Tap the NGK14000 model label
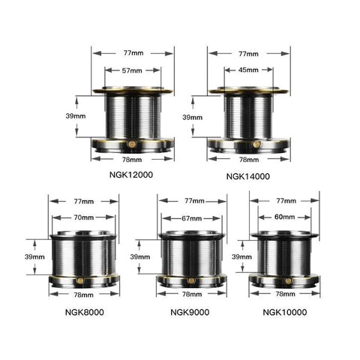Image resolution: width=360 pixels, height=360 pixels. pyautogui.click(x=248, y=175)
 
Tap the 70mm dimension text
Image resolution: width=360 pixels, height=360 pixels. pyautogui.click(x=83, y=217)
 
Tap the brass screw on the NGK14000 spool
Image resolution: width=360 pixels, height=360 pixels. pyautogui.click(x=256, y=142)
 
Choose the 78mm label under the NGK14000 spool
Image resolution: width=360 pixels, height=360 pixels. pyautogui.click(x=248, y=160)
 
